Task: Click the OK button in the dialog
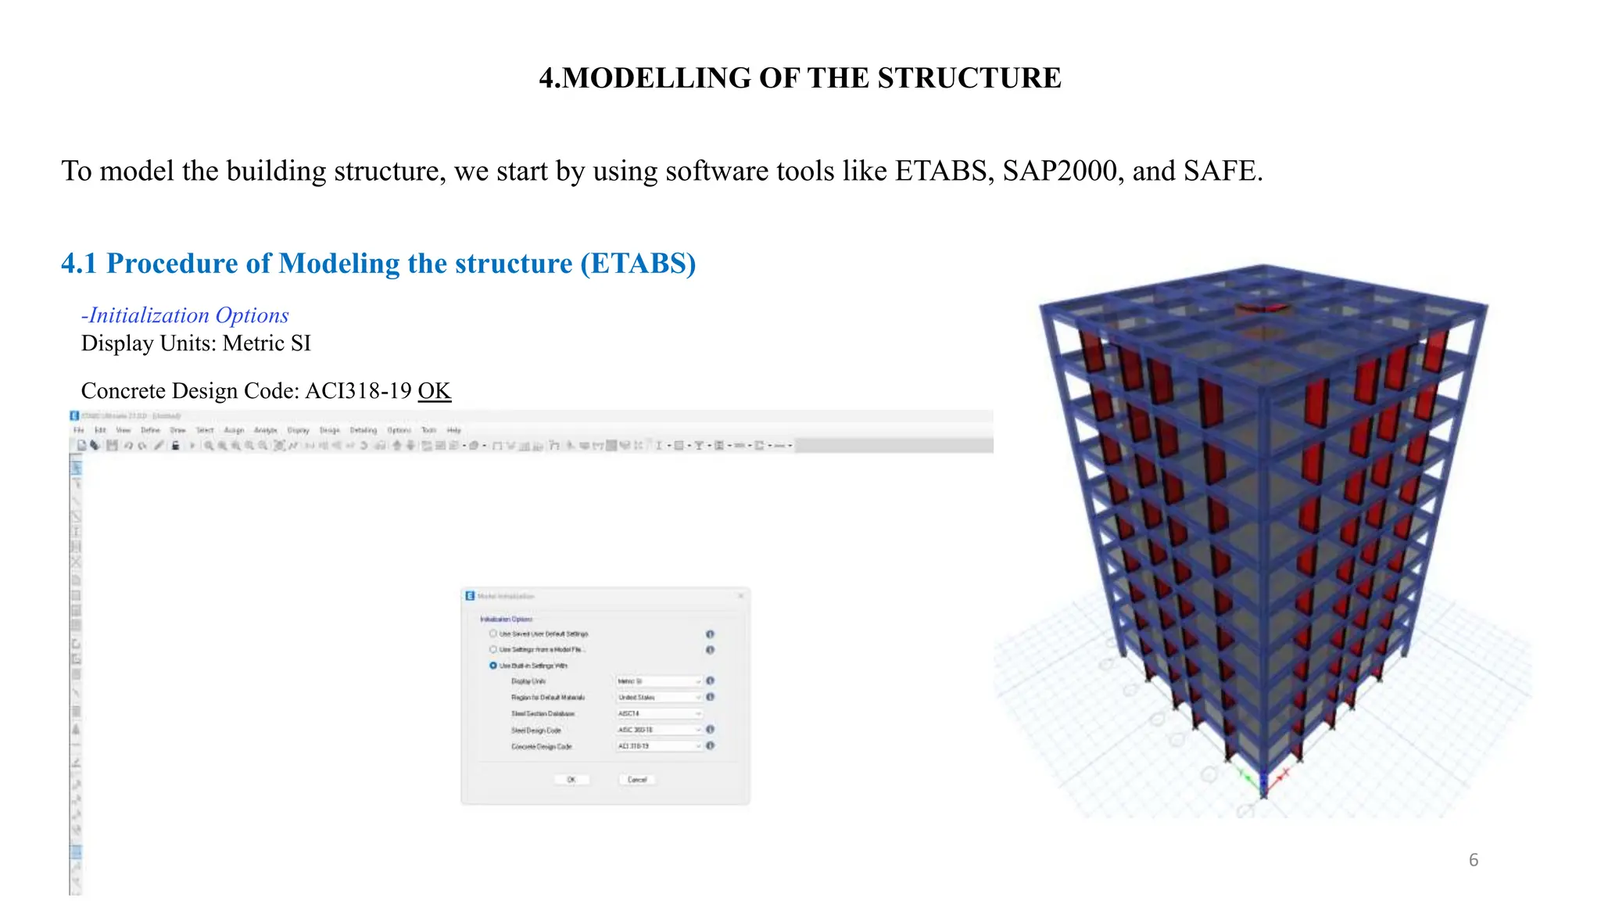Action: point(571,780)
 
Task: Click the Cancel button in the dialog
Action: point(637,780)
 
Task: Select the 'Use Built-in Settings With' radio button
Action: point(493,666)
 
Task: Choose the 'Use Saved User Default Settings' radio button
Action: point(493,634)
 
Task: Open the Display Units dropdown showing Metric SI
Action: point(659,681)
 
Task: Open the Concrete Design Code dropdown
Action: point(659,746)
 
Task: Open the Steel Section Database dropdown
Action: point(659,713)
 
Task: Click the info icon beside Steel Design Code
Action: point(710,730)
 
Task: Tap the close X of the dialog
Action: point(740,596)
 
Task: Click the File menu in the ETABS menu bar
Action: point(78,430)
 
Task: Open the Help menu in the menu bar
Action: point(454,430)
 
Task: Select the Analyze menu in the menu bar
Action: point(266,430)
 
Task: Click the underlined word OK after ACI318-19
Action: point(434,390)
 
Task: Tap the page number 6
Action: point(1474,860)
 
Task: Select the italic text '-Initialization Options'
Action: point(185,315)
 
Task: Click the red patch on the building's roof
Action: point(1262,309)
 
